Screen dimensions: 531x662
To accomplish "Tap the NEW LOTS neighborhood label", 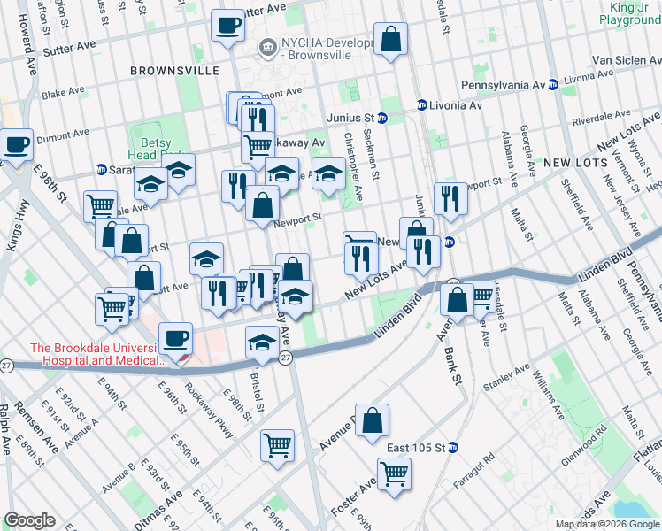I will [x=575, y=163].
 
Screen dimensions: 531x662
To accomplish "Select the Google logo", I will [x=29, y=520].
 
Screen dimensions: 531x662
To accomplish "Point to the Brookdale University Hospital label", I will [x=97, y=354].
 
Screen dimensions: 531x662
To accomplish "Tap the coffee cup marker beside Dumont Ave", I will [x=16, y=145].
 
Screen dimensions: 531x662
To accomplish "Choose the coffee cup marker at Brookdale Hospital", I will [x=175, y=339].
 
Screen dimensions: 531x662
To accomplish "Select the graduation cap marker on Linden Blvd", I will [x=262, y=342].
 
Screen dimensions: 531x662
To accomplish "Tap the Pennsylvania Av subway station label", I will [x=507, y=84].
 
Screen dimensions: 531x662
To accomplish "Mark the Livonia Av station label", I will [x=455, y=104].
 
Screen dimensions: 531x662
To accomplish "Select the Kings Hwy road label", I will [x=15, y=226].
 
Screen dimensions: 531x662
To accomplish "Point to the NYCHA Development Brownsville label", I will [x=319, y=46].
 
